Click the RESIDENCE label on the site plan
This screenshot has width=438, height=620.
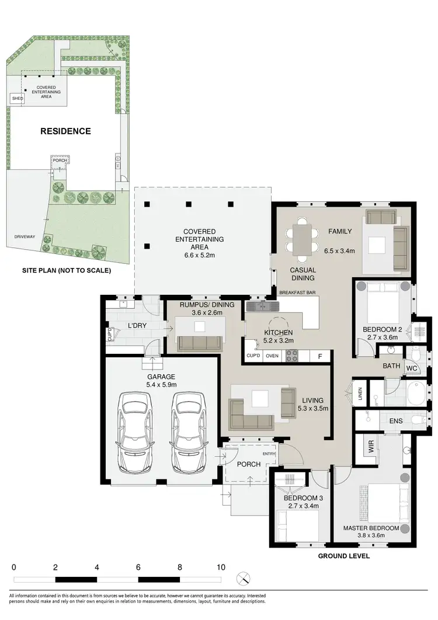point(65,131)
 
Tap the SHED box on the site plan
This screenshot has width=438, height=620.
point(18,99)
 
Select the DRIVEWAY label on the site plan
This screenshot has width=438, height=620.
point(25,237)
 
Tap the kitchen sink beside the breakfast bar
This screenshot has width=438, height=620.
point(258,305)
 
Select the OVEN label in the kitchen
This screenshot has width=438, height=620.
point(272,356)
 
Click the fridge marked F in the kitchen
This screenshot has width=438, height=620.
point(319,356)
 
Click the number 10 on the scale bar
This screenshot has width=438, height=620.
point(221,567)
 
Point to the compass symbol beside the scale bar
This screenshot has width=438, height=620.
point(244,579)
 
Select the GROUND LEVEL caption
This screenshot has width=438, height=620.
point(343,556)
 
